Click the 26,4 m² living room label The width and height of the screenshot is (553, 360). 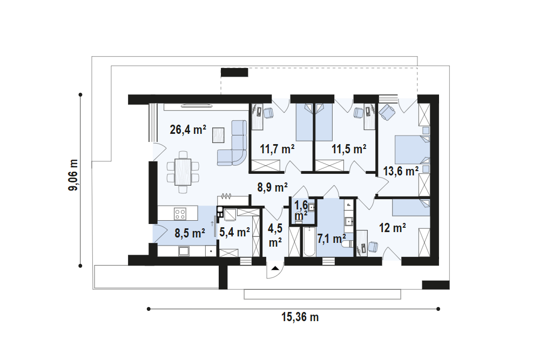pos(188,130)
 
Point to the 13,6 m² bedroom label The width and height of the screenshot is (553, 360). pos(401,172)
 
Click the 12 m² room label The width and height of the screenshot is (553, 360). pos(392,228)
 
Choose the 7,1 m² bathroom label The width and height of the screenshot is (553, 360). pos(332,238)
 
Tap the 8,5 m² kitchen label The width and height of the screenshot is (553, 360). pos(189,234)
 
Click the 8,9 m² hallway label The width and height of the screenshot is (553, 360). pos(272,188)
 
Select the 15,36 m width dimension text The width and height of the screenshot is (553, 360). pos(300,317)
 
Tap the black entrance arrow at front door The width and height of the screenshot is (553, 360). pos(275,268)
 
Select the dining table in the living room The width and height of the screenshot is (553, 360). pos(183,171)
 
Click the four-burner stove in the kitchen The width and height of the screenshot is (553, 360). pos(180,214)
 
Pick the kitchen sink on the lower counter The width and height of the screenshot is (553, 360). pos(184,251)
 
